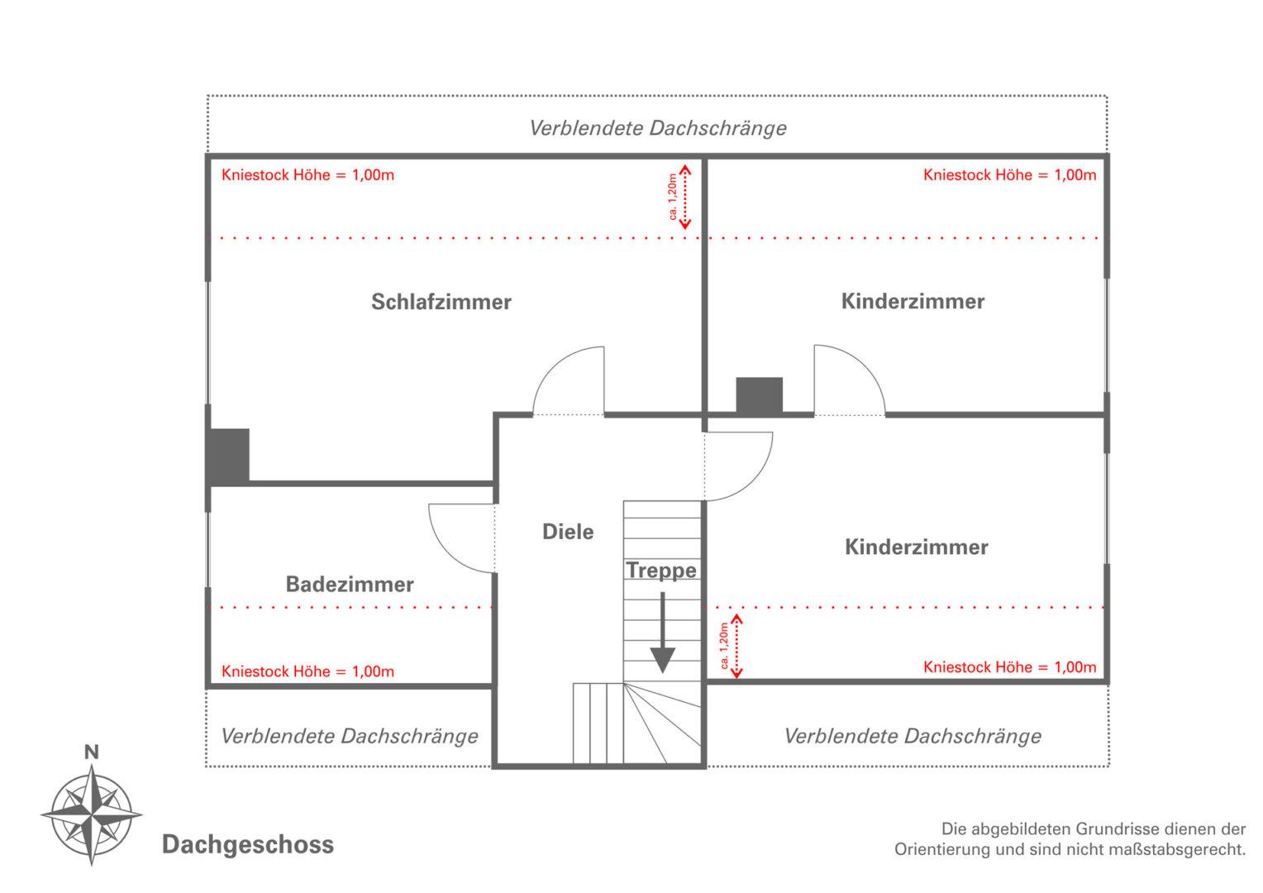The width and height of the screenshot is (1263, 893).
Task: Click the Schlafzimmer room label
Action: [x=441, y=302]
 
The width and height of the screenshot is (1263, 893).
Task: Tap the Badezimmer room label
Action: [x=350, y=585]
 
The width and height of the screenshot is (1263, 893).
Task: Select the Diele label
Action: [x=568, y=532]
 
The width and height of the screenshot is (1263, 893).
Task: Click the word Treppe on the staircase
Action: [x=661, y=571]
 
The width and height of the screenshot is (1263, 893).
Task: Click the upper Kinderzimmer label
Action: [x=913, y=301]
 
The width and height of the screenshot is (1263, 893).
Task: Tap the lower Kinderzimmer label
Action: [x=916, y=547]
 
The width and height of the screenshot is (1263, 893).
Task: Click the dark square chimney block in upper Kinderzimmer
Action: [x=759, y=394]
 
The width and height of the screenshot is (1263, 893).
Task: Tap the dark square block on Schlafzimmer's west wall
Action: [x=228, y=455]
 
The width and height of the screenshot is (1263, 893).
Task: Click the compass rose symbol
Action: [x=92, y=814]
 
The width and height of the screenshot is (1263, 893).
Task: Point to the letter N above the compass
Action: [x=91, y=752]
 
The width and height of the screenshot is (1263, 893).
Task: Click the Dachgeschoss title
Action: [x=248, y=844]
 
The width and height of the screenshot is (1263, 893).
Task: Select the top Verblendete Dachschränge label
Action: [x=657, y=128]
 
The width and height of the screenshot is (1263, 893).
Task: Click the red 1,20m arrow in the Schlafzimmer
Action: [x=684, y=197]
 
